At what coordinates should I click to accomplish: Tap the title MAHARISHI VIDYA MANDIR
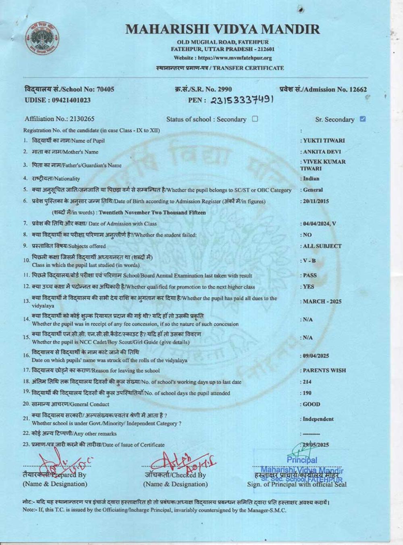[x=222, y=29]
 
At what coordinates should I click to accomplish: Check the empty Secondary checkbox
[x=255, y=119]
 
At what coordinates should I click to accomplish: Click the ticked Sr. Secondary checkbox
[x=362, y=119]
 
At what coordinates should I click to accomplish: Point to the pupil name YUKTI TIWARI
[x=324, y=141]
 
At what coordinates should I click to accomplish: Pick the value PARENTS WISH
[x=324, y=370]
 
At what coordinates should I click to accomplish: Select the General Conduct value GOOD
[x=312, y=404]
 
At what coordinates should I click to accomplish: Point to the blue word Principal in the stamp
[x=302, y=460]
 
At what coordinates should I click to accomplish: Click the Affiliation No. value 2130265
[x=82, y=119]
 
